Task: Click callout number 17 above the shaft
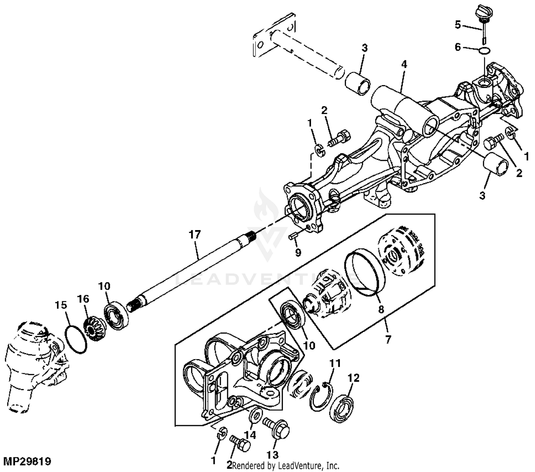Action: point(195,235)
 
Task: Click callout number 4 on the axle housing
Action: point(404,65)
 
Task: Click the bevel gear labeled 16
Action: point(93,328)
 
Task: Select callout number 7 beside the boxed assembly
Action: point(388,339)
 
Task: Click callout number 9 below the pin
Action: point(298,252)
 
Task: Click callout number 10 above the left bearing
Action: point(105,286)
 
